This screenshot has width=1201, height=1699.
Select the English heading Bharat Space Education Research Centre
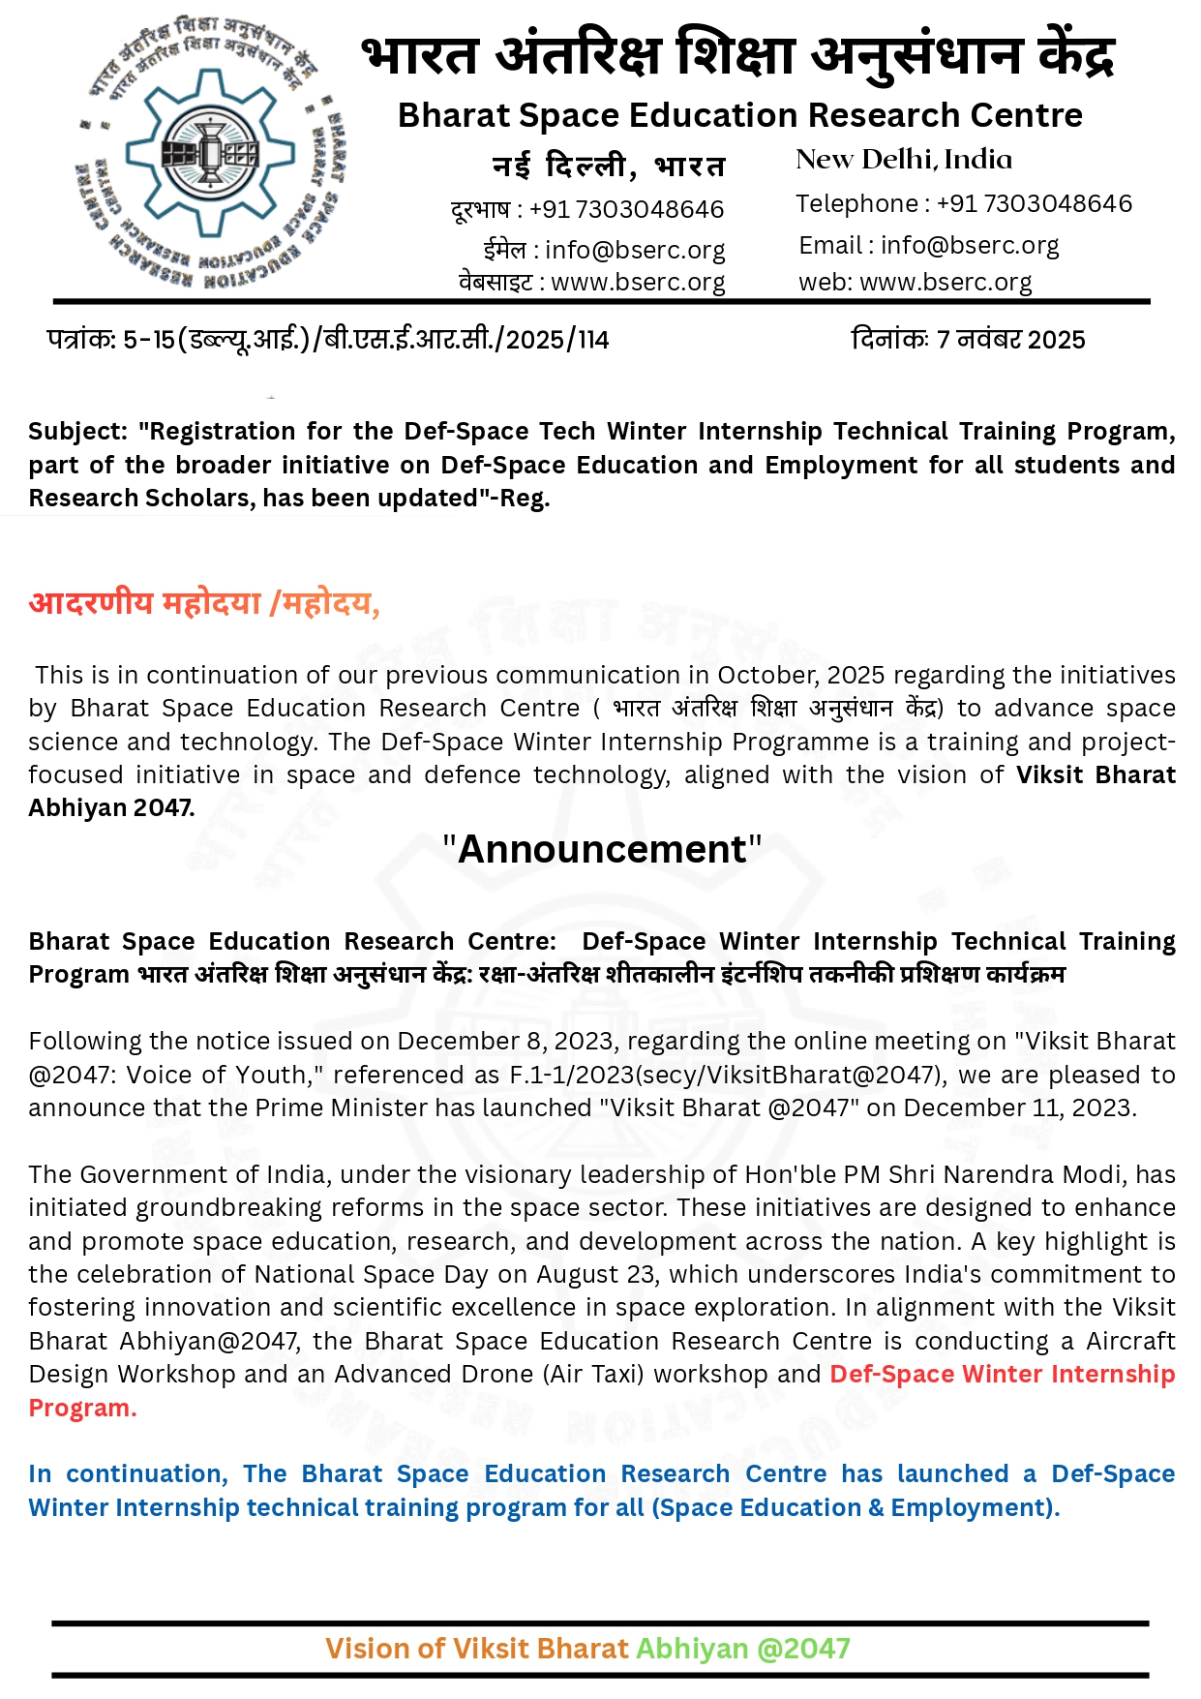739,115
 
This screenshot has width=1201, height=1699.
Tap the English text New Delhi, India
903,160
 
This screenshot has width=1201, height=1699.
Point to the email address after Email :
970,245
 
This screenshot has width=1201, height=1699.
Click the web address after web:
946,282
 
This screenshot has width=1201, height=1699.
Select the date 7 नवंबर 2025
1010,340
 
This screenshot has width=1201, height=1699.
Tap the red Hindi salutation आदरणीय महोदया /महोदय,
204,603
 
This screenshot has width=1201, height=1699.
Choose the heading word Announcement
602,849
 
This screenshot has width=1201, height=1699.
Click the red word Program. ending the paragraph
82,1408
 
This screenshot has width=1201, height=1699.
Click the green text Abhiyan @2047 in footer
742,1648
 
